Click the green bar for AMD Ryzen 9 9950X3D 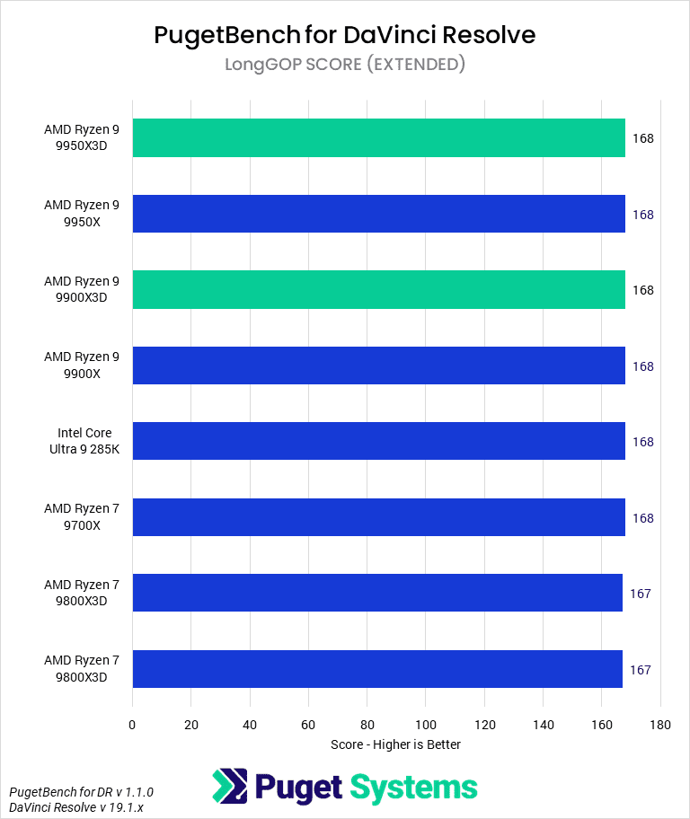pyautogui.click(x=378, y=138)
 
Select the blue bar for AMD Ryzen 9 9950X pyautogui.click(x=378, y=214)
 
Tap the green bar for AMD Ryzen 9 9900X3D pyautogui.click(x=378, y=290)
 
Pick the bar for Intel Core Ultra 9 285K pyautogui.click(x=378, y=442)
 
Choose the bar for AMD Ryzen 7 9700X pyautogui.click(x=378, y=517)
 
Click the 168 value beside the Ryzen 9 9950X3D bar pyautogui.click(x=642, y=138)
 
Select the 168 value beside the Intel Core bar pyautogui.click(x=642, y=442)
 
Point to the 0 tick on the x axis pyautogui.click(x=132, y=724)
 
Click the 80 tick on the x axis pyautogui.click(x=367, y=724)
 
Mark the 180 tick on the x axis pyautogui.click(x=660, y=724)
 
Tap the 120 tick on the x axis pyautogui.click(x=484, y=724)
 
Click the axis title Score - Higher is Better pyautogui.click(x=395, y=744)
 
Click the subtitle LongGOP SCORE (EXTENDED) pyautogui.click(x=345, y=64)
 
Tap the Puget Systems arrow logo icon pyautogui.click(x=229, y=786)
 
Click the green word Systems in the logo pyautogui.click(x=413, y=788)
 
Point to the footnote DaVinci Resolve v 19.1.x pyautogui.click(x=77, y=807)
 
